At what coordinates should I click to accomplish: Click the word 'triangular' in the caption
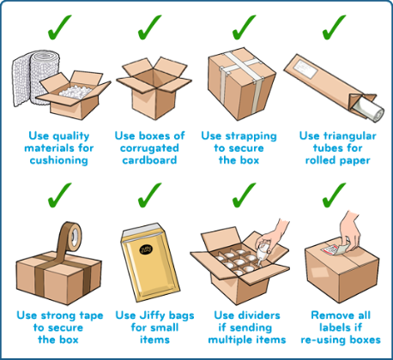(x=351, y=135)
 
